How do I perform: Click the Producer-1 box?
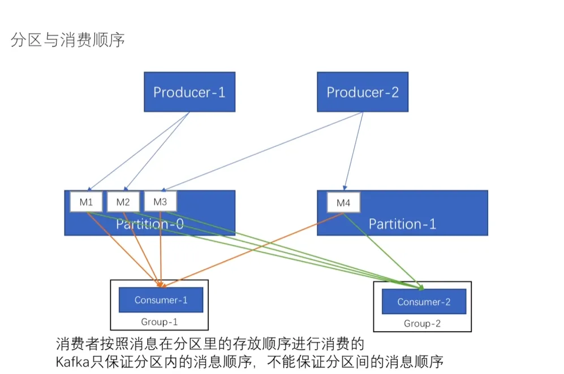click(x=189, y=92)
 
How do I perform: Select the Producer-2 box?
click(x=362, y=92)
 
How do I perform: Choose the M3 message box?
click(x=160, y=201)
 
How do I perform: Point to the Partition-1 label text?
click(x=402, y=224)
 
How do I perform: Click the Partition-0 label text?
click(x=149, y=224)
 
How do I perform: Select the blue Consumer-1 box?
click(x=161, y=300)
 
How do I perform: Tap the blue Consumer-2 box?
click(x=424, y=302)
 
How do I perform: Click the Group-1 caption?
click(x=160, y=322)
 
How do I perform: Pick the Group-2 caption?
click(x=422, y=324)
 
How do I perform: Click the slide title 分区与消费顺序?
click(x=67, y=40)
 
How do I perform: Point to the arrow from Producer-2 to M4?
click(x=354, y=150)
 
